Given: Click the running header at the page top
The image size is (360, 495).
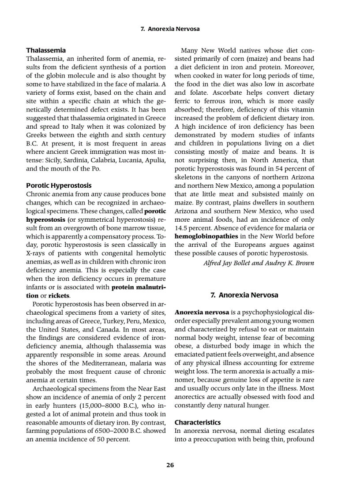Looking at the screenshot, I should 170,29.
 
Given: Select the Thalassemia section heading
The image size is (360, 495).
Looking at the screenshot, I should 46,50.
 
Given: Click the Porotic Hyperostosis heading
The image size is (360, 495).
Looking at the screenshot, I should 59,185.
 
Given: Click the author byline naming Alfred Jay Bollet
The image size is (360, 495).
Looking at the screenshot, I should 259,263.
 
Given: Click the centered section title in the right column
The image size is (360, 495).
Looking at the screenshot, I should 244,295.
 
